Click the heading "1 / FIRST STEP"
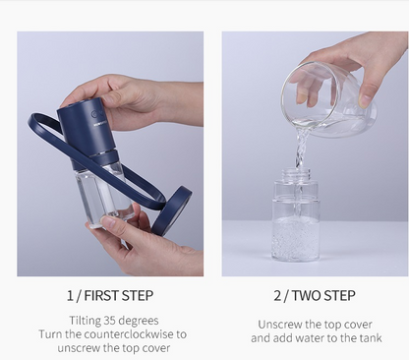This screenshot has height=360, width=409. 109,295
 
